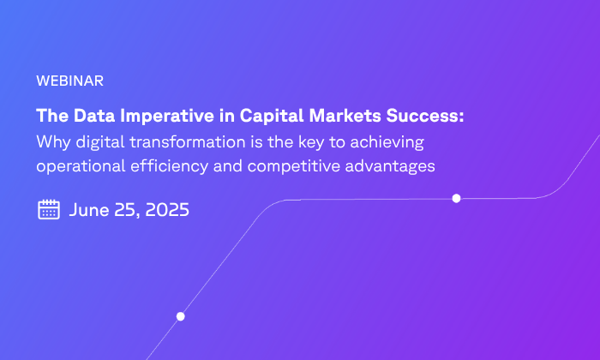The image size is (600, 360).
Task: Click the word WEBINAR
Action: tap(69, 81)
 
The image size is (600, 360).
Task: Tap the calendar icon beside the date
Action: tap(49, 209)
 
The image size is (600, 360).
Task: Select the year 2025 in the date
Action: tap(167, 210)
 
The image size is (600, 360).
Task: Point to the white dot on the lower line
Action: tap(181, 316)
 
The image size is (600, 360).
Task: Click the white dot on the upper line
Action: tap(456, 198)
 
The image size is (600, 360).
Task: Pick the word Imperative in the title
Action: tap(167, 116)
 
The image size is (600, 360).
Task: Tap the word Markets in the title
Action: tap(345, 116)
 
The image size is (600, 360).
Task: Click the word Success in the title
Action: tap(425, 116)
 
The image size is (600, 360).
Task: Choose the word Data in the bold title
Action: tap(94, 116)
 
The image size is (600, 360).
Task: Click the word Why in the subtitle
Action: tap(53, 142)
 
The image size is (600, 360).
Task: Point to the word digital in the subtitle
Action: tap(100, 142)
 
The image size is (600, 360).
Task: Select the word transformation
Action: tap(188, 142)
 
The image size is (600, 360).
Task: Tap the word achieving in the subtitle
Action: tap(387, 142)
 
